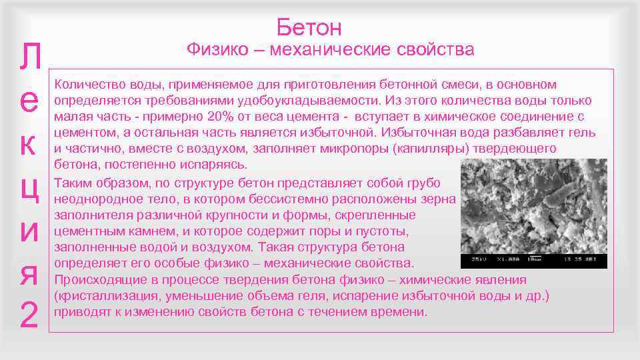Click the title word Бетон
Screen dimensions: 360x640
pos(309,27)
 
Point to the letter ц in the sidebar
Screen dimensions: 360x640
pos(29,189)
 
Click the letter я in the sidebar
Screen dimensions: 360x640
pos(29,274)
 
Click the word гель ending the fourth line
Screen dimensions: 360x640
pos(581,133)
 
